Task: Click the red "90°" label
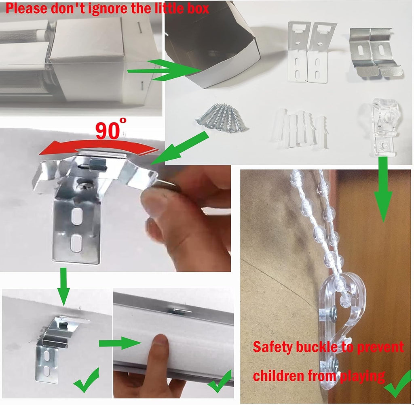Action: [x=111, y=129]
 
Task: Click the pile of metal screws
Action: [x=222, y=118]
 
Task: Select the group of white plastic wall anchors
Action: [x=300, y=129]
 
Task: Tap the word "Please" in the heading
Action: [x=26, y=8]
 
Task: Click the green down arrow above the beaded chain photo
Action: [x=383, y=189]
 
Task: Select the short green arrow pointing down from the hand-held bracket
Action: [x=63, y=286]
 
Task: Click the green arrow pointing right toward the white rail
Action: [x=120, y=343]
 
